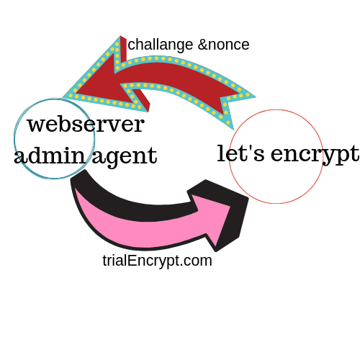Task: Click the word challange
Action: tap(161, 45)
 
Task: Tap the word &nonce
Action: tap(224, 45)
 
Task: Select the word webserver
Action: tap(86, 124)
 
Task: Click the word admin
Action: tap(50, 155)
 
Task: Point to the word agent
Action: tap(125, 158)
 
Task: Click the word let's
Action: tap(240, 153)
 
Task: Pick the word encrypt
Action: tap(315, 155)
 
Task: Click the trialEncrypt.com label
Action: tap(157, 261)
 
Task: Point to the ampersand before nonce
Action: tap(202, 45)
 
